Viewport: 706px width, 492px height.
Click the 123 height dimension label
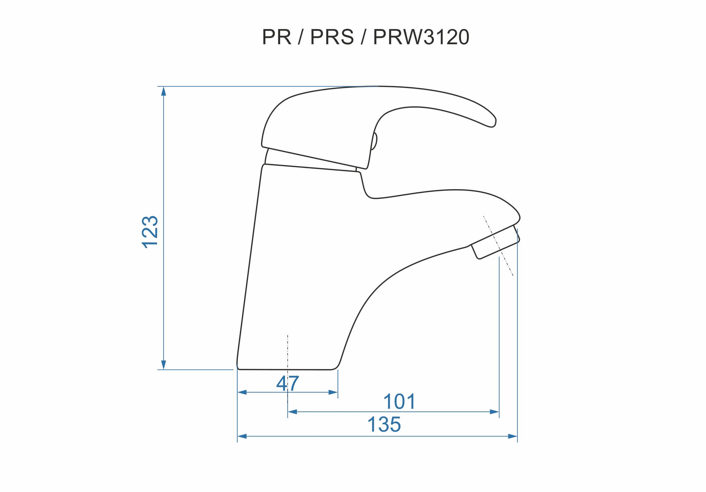point(150,232)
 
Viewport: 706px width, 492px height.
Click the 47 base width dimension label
point(288,383)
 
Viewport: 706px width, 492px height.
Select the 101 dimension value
point(399,402)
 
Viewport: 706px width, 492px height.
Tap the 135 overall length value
point(384,424)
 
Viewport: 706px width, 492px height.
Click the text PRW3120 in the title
point(421,37)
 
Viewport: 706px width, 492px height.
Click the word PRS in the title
point(332,37)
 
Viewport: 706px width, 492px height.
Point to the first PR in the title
point(276,37)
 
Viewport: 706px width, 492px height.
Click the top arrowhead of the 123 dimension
point(163,91)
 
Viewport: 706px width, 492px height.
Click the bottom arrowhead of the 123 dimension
point(163,365)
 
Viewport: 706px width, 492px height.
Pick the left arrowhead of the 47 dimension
point(242,392)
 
